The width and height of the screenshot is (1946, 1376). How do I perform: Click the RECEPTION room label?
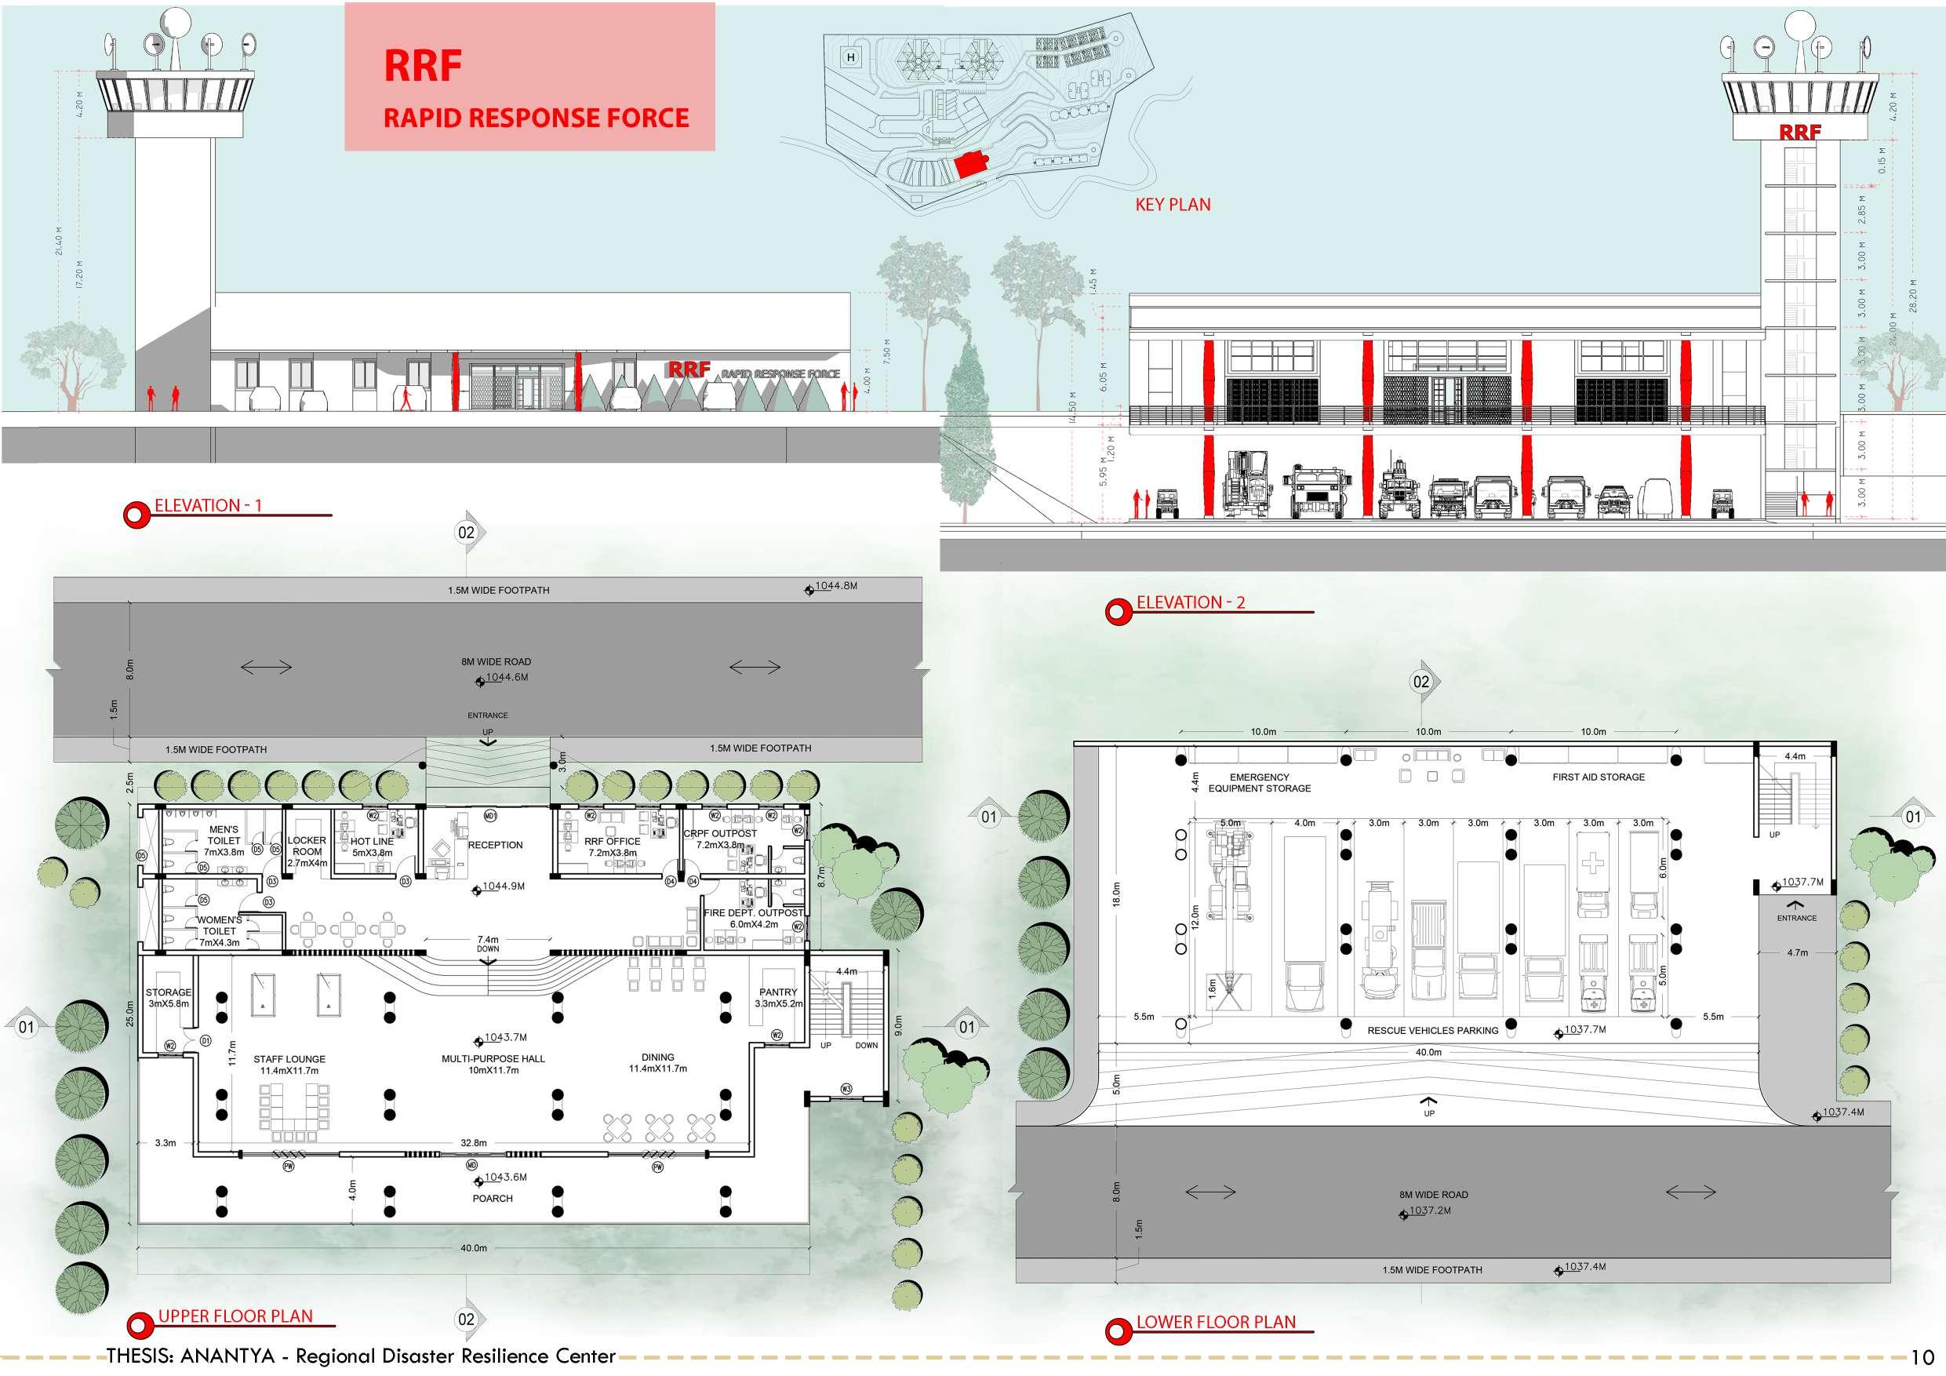(495, 845)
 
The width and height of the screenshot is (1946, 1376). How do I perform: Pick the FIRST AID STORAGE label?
(1599, 777)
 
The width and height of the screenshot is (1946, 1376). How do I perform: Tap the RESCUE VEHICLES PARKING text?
(1432, 1031)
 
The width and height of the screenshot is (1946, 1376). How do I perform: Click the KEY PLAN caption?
(1172, 204)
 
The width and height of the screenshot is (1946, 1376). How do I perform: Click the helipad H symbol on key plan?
(851, 57)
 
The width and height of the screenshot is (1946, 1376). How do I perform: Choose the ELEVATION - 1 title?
(208, 506)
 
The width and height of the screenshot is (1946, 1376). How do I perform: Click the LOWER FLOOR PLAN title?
(1216, 1322)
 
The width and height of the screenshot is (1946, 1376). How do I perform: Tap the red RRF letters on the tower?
(1799, 133)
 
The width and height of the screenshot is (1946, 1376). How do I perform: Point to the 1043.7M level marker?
(505, 1038)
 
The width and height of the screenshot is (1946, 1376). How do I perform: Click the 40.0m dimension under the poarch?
(474, 1248)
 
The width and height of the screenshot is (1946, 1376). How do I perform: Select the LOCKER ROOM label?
(307, 851)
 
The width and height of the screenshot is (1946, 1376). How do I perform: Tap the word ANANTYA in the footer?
(228, 1356)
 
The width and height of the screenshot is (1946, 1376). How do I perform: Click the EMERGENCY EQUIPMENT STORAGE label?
(1259, 782)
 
